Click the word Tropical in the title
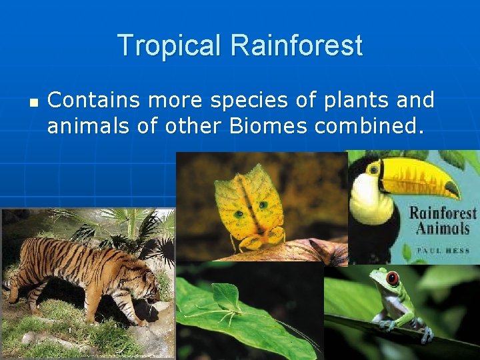[x=170, y=45]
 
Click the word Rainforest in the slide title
[x=297, y=45]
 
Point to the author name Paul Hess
[x=441, y=251]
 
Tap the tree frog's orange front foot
[x=385, y=325]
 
